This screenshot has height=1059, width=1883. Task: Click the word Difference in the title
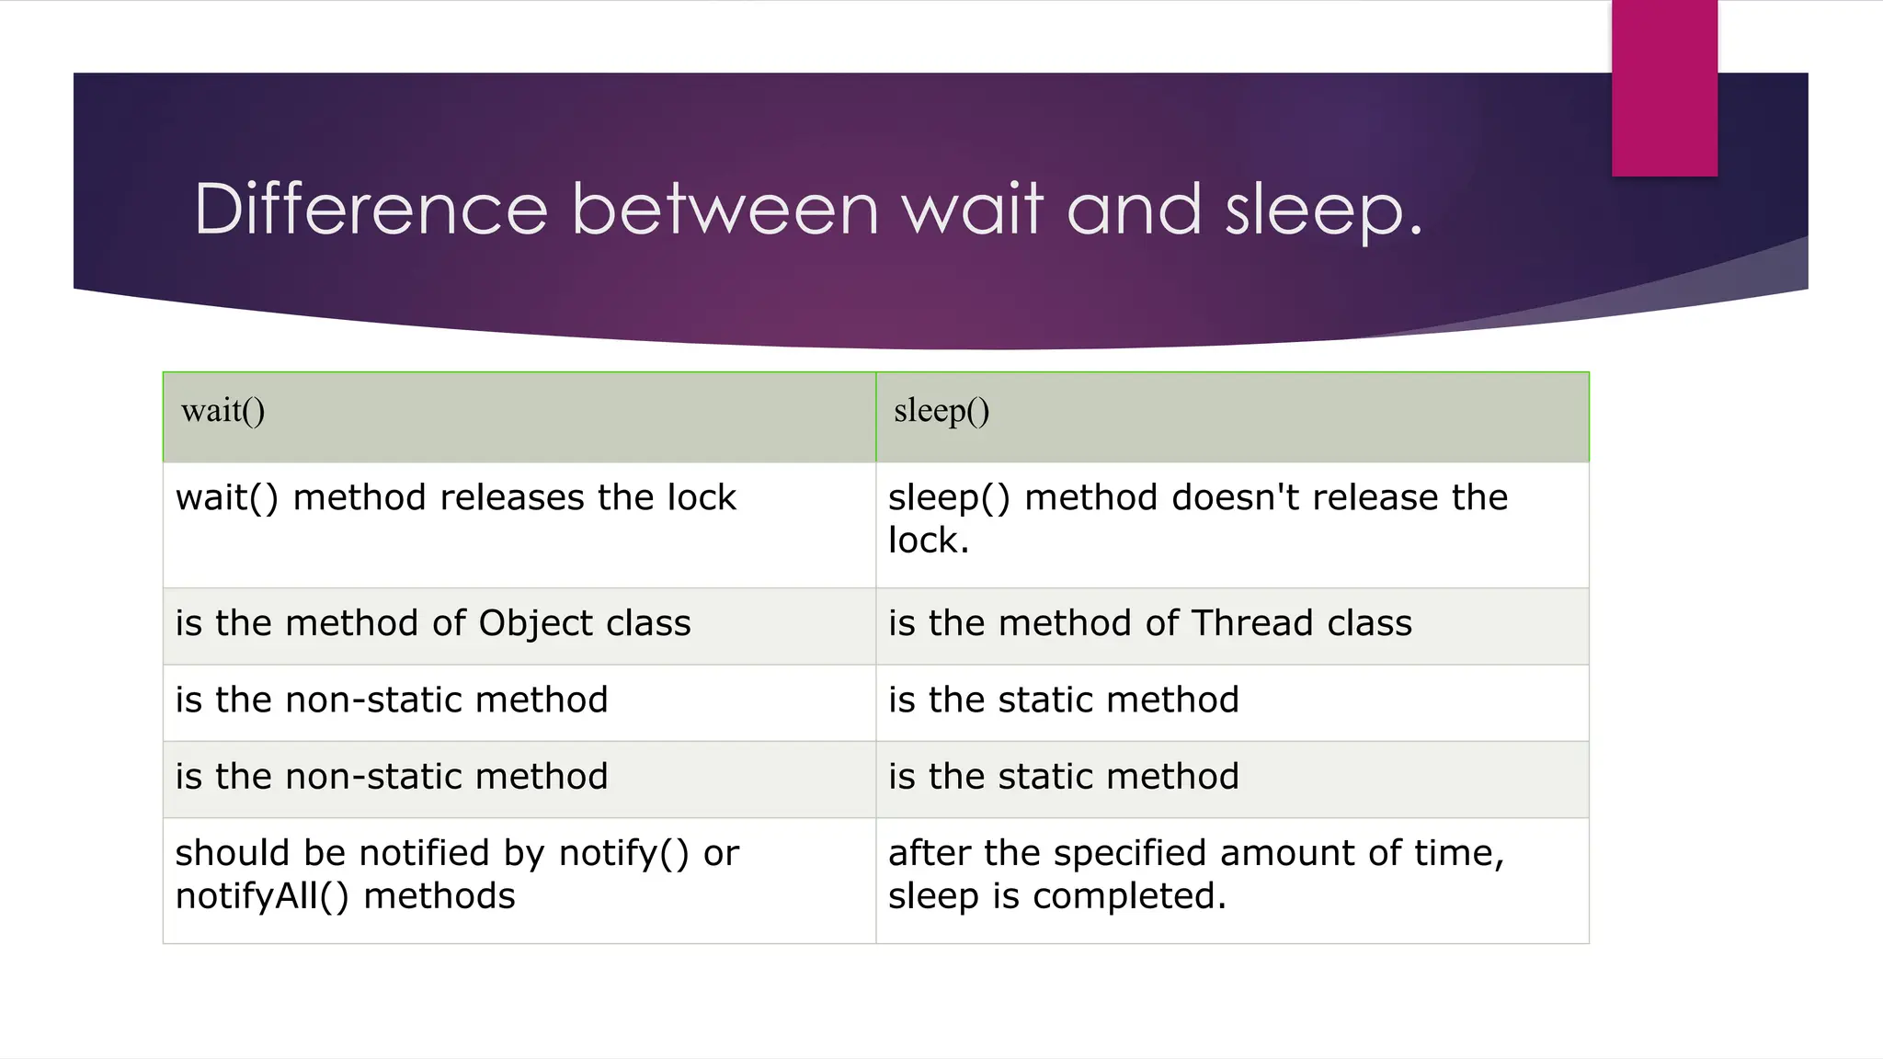[x=371, y=210]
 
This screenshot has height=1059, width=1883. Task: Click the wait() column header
[x=223, y=410]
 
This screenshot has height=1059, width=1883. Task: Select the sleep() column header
[x=941, y=410]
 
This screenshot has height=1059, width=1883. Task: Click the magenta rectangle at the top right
[x=1664, y=87]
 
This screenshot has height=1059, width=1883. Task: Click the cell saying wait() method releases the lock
[x=519, y=524]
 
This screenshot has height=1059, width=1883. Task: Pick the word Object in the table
[x=536, y=623]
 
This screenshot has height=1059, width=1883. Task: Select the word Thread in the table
[x=1252, y=623]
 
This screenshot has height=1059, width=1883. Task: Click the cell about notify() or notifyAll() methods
[x=519, y=880]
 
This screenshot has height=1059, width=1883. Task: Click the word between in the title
[x=725, y=210]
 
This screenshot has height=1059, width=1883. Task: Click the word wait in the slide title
[x=974, y=210]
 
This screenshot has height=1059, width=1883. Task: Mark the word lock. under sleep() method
[x=929, y=541]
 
